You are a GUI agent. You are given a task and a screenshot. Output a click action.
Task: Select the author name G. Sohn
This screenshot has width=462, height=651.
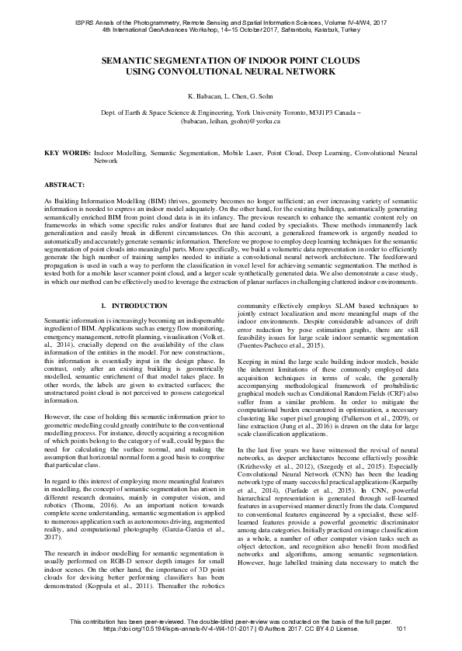(x=262, y=96)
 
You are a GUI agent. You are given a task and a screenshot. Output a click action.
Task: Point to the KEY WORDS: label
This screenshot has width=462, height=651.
(x=66, y=154)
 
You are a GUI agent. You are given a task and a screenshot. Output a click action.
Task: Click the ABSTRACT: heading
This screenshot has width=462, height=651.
(x=64, y=186)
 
